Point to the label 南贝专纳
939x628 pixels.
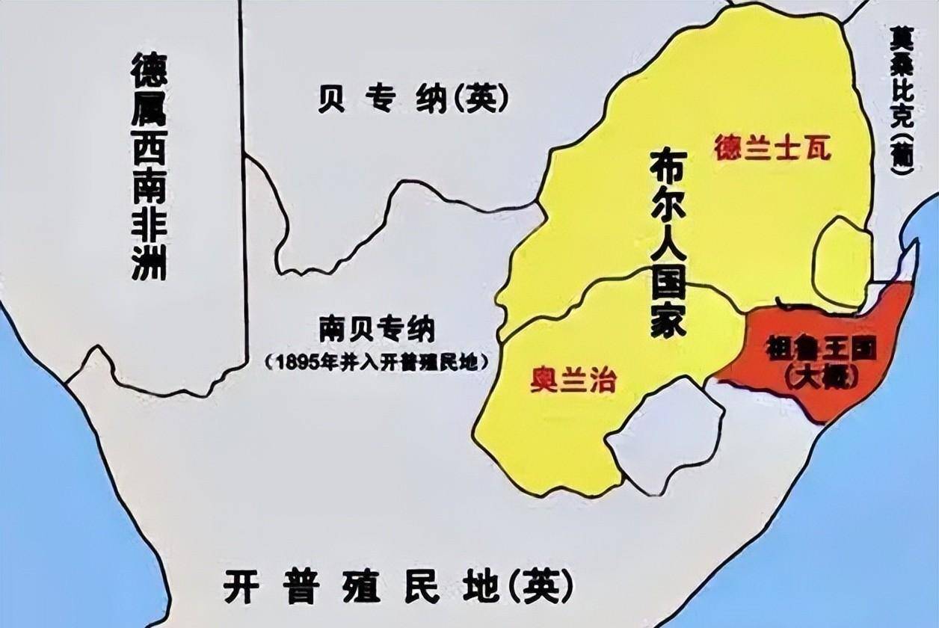(376, 328)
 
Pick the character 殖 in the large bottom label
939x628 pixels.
(359, 588)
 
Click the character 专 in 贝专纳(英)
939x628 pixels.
(377, 99)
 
